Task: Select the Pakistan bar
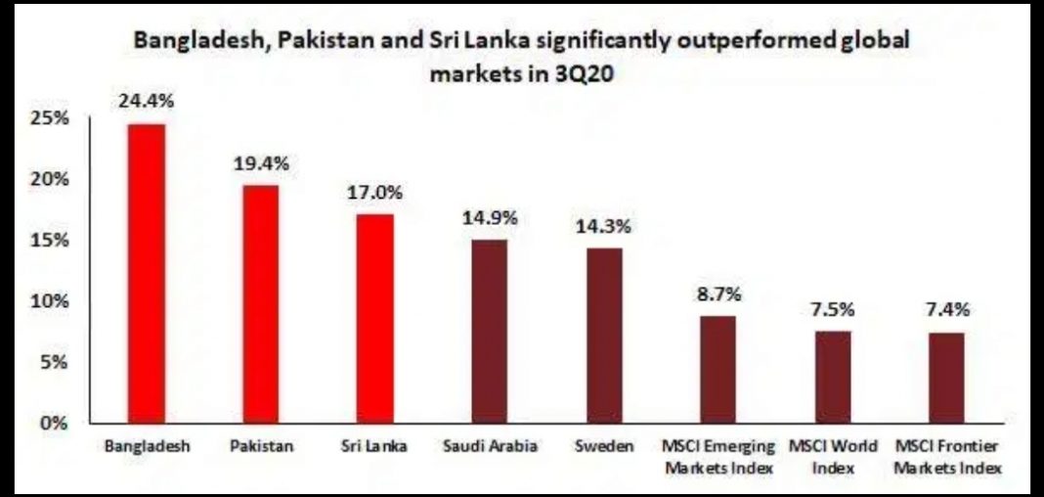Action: pos(261,304)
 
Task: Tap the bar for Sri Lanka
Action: pos(375,319)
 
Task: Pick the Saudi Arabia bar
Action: pos(490,332)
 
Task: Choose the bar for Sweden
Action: pos(604,336)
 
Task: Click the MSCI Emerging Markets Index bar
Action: pos(718,370)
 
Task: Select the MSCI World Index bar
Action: pos(833,378)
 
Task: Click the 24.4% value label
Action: pos(148,101)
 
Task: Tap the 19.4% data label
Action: pos(261,162)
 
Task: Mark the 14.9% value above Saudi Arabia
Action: pos(490,217)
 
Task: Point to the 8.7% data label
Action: pos(718,293)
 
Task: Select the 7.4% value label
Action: pos(947,310)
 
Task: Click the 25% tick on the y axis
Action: pos(49,118)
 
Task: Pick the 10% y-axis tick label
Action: pos(49,301)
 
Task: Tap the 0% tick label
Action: pos(53,424)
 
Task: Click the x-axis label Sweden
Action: pos(604,447)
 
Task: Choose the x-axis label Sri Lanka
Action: pos(375,447)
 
